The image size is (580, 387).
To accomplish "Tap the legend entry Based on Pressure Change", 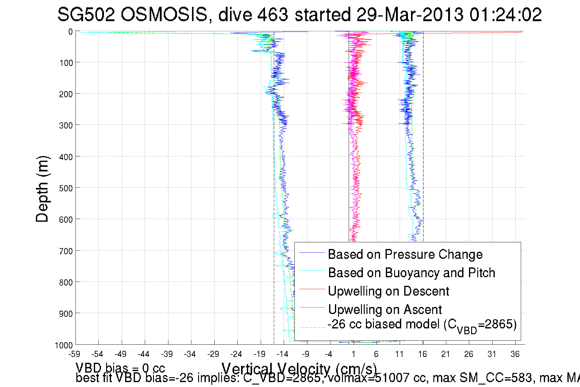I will pyautogui.click(x=405, y=254).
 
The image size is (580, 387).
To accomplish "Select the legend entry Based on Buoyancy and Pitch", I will pyautogui.click(x=411, y=273).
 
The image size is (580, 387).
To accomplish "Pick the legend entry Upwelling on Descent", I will pyautogui.click(x=388, y=291).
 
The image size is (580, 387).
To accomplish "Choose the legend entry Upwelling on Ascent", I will pyautogui.click(x=385, y=309).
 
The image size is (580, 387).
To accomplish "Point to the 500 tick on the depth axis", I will pyautogui.click(x=66, y=188).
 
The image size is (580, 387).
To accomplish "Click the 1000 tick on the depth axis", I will pyautogui.click(x=64, y=345).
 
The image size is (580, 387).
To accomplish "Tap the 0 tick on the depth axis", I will pyautogui.click(x=71, y=32).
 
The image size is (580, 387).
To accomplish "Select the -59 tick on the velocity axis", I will pyautogui.click(x=74, y=354).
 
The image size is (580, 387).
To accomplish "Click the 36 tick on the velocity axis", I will pyautogui.click(x=515, y=354).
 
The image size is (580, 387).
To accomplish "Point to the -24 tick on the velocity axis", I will pyautogui.click(x=236, y=354).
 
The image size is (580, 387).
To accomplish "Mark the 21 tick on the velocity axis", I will pyautogui.click(x=446, y=354).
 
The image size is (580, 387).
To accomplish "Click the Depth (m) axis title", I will pyautogui.click(x=42, y=189).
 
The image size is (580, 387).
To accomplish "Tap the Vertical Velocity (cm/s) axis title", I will pyautogui.click(x=299, y=368).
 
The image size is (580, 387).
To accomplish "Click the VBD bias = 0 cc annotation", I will pyautogui.click(x=120, y=368).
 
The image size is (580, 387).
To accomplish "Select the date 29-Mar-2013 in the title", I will pyautogui.click(x=410, y=14).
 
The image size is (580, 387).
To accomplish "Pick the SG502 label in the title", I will pyautogui.click(x=86, y=14).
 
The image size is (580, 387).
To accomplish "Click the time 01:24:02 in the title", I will pyautogui.click(x=505, y=14).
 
